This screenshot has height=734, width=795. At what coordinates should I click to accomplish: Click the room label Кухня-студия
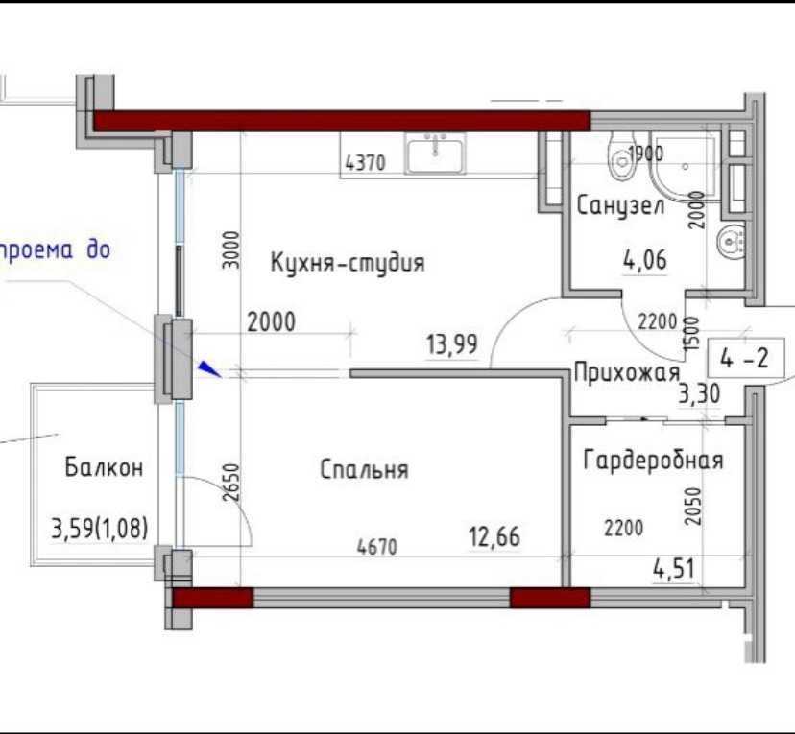click(348, 262)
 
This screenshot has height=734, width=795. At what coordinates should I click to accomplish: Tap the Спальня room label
click(364, 469)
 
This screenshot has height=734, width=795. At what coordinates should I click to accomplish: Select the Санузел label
click(620, 206)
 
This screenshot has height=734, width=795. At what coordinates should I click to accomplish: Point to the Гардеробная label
click(653, 461)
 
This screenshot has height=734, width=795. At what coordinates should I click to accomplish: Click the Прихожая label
click(627, 372)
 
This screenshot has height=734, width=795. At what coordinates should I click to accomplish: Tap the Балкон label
click(104, 467)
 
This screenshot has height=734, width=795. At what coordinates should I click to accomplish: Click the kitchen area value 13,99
click(452, 344)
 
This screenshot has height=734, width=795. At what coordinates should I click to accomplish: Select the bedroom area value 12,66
click(494, 537)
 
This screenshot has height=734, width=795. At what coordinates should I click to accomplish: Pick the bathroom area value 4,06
click(645, 260)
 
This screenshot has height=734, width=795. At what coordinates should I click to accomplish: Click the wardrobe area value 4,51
click(673, 569)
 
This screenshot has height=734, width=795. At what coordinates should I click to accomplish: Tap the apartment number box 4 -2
click(745, 359)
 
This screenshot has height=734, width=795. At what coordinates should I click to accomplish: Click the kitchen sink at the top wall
click(435, 153)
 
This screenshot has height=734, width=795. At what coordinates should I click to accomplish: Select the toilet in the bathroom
click(621, 157)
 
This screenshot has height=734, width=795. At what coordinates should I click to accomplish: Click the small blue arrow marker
click(209, 368)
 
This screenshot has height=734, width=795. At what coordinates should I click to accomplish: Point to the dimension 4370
click(366, 163)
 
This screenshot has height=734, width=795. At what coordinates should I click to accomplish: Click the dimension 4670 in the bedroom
click(377, 547)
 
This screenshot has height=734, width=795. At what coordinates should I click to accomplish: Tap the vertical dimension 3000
click(231, 249)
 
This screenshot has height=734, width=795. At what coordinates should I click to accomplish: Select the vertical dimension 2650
click(231, 483)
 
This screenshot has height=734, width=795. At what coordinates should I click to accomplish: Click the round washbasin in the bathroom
click(731, 239)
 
